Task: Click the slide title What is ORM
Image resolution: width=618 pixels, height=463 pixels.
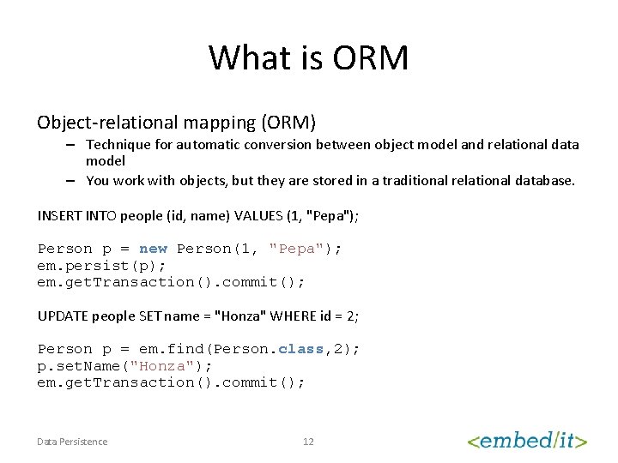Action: [x=309, y=58]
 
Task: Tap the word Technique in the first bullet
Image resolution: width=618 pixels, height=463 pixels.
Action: [x=118, y=145]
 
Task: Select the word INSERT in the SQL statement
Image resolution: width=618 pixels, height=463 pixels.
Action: [x=59, y=215]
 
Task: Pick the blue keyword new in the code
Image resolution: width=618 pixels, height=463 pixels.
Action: [x=154, y=249]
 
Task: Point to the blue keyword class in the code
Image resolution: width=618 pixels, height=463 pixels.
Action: [x=301, y=349]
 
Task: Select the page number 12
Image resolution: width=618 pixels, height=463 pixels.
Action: [x=308, y=442]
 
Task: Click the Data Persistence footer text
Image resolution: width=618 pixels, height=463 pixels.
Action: [x=72, y=442]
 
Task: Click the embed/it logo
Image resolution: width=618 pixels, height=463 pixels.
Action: [x=526, y=441]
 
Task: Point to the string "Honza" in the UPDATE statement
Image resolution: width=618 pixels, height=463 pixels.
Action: [x=241, y=316]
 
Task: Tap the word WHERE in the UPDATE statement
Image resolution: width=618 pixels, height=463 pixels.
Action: [x=291, y=316]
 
